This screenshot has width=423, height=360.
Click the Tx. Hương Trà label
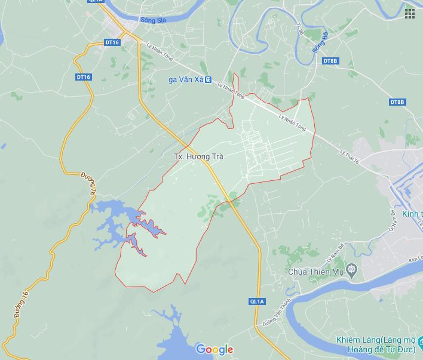[198, 156]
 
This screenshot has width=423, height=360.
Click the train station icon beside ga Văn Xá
[208, 79]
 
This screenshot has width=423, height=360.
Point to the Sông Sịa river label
[152, 20]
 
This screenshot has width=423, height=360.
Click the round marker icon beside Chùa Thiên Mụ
[351, 272]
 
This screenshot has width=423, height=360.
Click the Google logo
[214, 349]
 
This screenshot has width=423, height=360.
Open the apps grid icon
[410, 13]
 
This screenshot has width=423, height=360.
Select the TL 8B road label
[300, 28]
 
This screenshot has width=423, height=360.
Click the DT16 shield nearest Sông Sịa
[112, 42]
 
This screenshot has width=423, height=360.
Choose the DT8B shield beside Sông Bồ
[330, 61]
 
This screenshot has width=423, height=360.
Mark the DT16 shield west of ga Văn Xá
[84, 77]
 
